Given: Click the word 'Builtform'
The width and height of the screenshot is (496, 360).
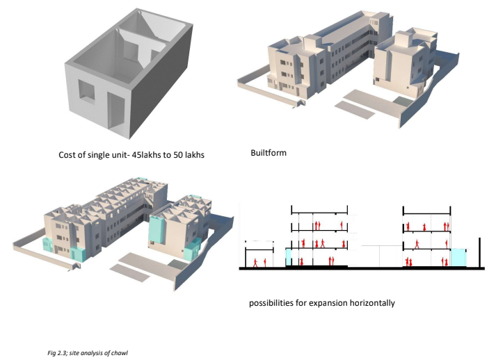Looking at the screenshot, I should pos(268,152).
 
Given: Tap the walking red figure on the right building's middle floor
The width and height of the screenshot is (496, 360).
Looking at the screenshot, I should pos(417,243).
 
